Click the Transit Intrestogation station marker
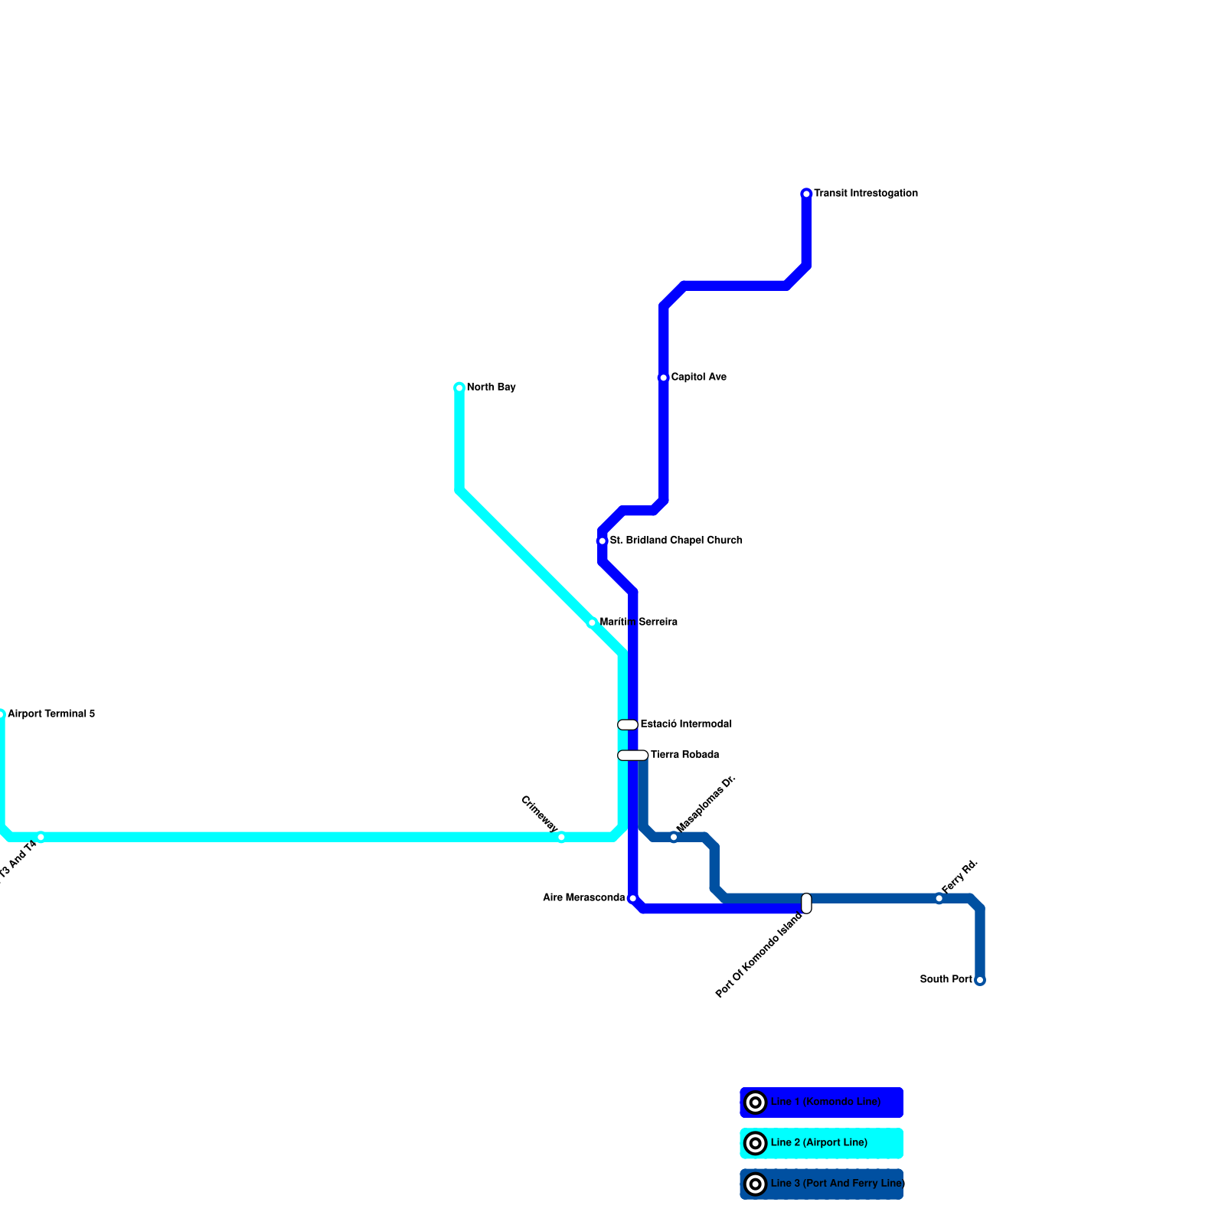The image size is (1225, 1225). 806,194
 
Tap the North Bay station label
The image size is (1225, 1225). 491,387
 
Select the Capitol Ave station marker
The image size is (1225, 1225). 663,377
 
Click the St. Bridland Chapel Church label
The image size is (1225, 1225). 676,541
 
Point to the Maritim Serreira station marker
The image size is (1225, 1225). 592,622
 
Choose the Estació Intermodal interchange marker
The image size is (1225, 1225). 628,724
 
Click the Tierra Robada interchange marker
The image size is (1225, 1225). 633,755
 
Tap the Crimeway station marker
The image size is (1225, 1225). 561,837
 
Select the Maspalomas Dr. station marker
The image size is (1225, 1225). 674,837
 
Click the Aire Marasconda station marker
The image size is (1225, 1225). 632,898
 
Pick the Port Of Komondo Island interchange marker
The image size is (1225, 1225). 806,903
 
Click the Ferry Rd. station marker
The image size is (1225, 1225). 939,898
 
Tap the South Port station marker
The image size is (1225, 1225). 980,980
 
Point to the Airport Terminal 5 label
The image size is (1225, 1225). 51,714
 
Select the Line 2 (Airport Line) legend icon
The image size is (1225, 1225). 756,1143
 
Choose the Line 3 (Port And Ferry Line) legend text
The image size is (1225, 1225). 838,1184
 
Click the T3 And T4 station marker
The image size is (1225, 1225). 41,837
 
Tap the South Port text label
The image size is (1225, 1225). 946,979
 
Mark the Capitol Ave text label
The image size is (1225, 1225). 698,377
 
